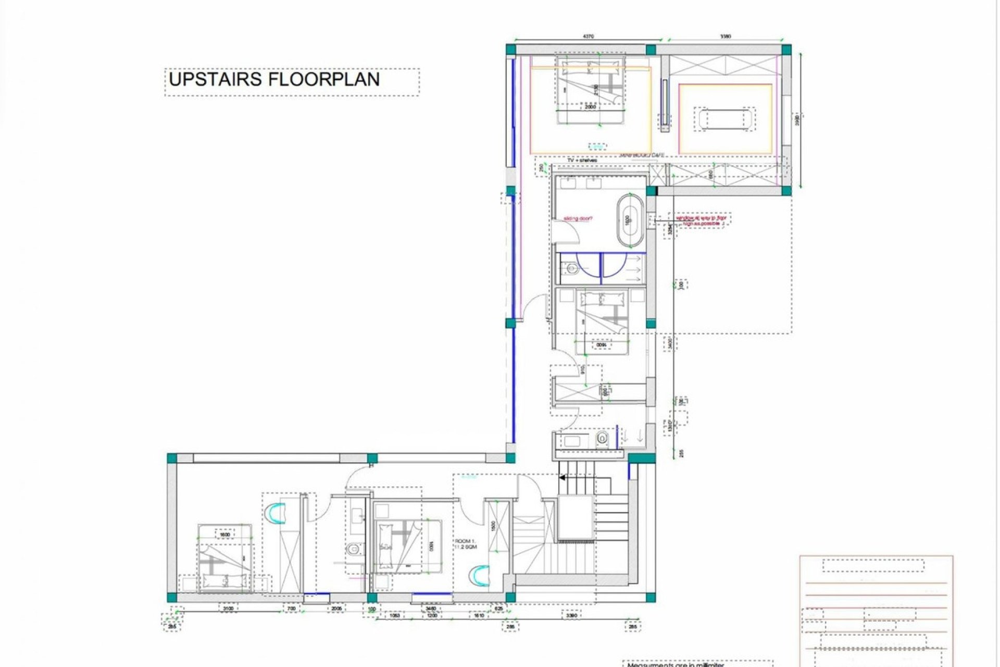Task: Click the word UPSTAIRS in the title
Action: click(213, 79)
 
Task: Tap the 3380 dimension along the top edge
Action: click(726, 36)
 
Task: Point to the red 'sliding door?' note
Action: click(579, 219)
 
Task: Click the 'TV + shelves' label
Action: click(582, 160)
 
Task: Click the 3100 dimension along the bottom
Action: click(228, 608)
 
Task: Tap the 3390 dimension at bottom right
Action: click(571, 615)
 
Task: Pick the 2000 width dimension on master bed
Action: click(590, 107)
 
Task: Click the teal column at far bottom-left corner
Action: click(172, 597)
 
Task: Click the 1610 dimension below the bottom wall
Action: click(479, 615)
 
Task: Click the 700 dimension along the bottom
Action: click(291, 608)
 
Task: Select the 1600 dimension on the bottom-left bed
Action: click(224, 535)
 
